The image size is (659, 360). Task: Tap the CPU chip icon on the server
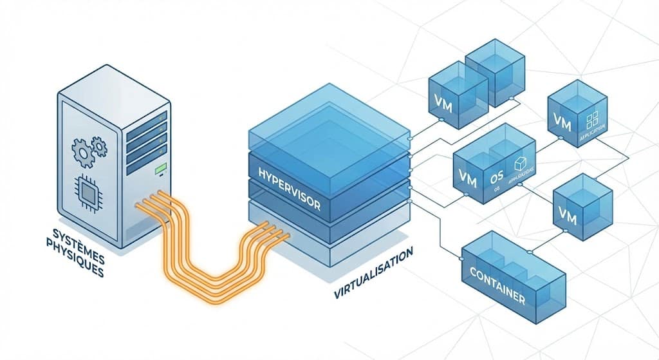click(88, 189)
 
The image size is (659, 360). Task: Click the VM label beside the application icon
click(561, 120)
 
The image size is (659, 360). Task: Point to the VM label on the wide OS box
click(469, 179)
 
